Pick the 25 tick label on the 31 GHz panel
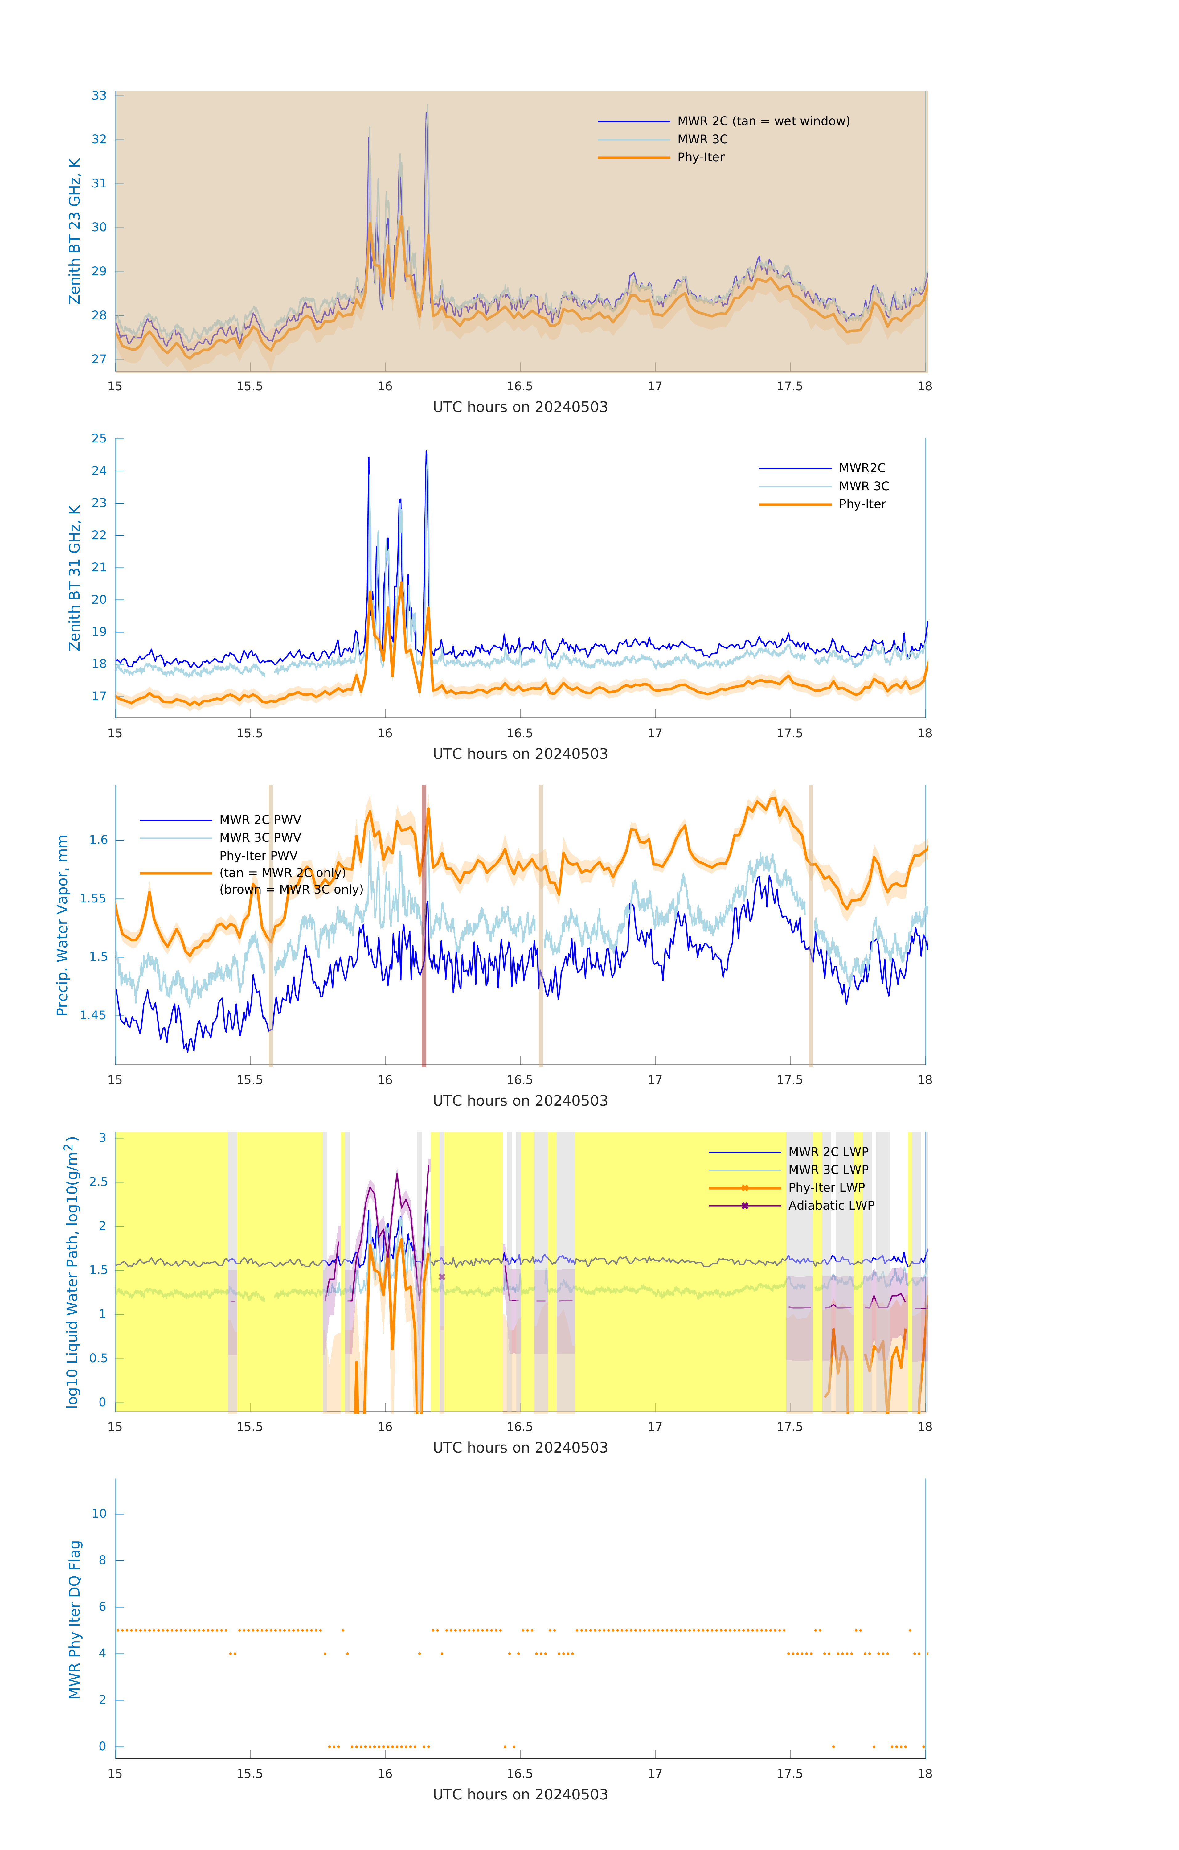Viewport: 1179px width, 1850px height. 99,439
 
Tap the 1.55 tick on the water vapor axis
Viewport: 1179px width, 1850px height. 93,898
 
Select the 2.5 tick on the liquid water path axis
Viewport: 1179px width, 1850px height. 98,1182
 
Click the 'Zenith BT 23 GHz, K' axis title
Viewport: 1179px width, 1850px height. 75,231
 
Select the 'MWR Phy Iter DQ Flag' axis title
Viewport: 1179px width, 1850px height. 75,1619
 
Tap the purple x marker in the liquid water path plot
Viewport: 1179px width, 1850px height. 442,1277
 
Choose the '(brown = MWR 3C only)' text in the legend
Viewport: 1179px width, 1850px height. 291,890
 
